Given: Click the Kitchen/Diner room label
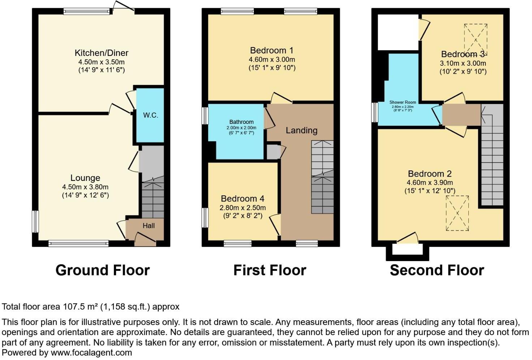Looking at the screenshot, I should tap(101, 53).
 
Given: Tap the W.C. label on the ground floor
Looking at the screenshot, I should tap(150, 116).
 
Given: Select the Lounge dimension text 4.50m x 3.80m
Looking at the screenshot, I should tap(85, 187).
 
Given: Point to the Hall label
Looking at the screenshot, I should tap(149, 226).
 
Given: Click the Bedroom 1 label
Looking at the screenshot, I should tap(272, 50).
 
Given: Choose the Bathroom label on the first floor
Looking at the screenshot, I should tap(241, 122).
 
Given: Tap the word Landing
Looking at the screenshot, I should tap(301, 130).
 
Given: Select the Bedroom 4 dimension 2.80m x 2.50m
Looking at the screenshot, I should tap(243, 208).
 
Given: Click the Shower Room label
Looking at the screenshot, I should tap(403, 103).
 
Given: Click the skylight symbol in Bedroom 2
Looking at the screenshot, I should tap(457, 213).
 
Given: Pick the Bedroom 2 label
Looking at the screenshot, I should tap(430, 174).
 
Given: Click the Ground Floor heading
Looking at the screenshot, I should tap(102, 270).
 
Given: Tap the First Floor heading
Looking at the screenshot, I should tap(270, 270).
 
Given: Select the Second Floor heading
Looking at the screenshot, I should tap(437, 270).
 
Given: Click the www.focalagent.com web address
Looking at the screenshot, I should tap(91, 353).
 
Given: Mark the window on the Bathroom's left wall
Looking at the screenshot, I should tap(205, 116).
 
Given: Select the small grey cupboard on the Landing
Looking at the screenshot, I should tap(273, 152).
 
